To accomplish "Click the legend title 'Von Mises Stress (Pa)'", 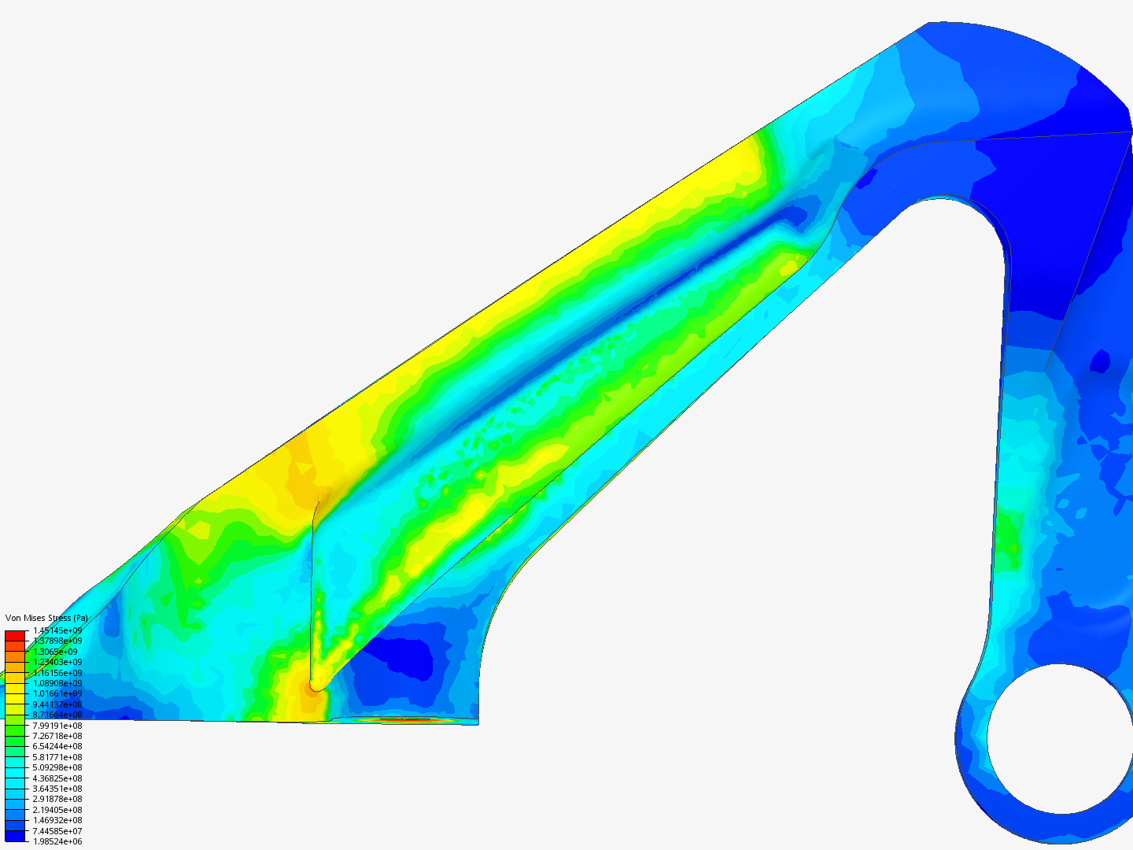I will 46,619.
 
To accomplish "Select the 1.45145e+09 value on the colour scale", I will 57,630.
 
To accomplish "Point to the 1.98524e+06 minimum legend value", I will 57,841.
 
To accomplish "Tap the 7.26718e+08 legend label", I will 57,736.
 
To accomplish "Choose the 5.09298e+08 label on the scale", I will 57,767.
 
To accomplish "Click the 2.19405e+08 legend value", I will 57,810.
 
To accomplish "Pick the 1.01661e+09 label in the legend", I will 57,694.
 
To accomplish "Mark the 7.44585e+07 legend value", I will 57,831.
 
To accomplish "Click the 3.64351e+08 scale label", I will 57,789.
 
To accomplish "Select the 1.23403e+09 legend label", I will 57,662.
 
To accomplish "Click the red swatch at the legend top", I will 16,635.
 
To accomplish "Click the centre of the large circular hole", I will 1061,739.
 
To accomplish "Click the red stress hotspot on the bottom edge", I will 405,719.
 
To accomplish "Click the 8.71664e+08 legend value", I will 57,715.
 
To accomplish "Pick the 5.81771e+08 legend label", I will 57,757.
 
